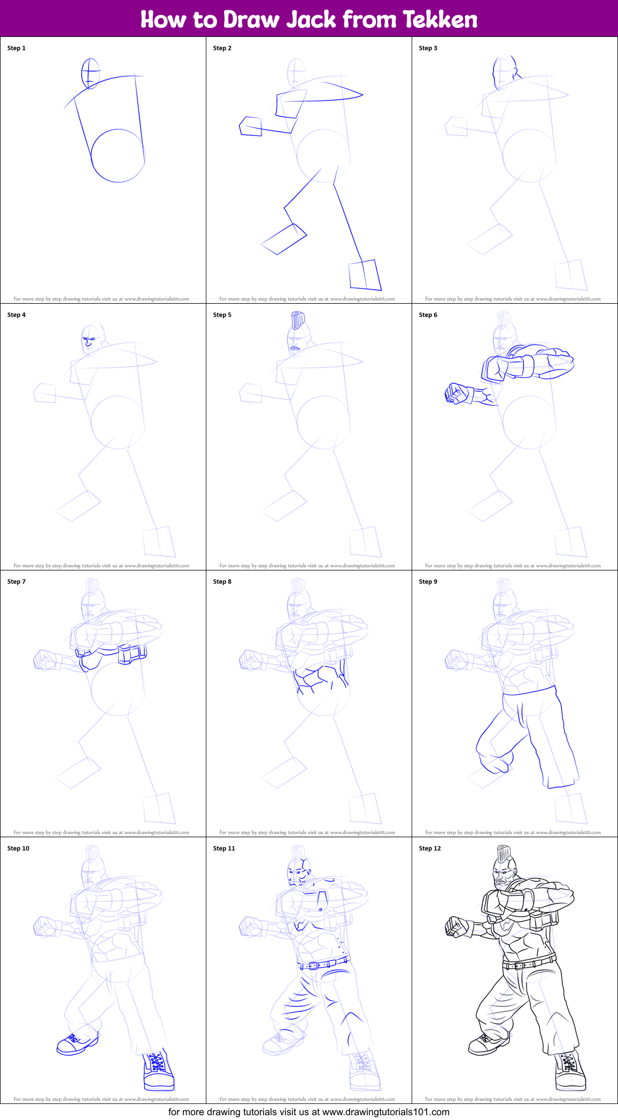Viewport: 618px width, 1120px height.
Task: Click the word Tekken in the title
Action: (x=439, y=19)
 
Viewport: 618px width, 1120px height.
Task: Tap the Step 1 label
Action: (x=17, y=48)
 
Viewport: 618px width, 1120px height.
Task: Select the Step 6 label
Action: (x=428, y=315)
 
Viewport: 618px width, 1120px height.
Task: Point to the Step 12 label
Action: (x=430, y=848)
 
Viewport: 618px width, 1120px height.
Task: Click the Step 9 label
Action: (x=428, y=582)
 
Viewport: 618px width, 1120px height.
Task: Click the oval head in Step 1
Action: (x=90, y=73)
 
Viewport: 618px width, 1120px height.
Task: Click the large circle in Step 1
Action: (x=118, y=156)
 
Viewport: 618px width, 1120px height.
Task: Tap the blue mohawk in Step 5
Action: (x=298, y=321)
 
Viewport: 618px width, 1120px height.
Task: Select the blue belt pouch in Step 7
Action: (x=131, y=654)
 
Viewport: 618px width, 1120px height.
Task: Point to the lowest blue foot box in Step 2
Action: (x=365, y=275)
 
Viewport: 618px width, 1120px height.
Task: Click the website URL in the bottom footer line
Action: (x=385, y=1112)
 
